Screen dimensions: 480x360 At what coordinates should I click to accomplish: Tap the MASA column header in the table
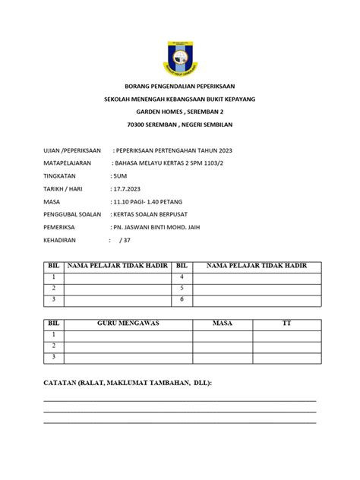point(223,324)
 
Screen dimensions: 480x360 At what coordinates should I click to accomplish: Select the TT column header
point(286,324)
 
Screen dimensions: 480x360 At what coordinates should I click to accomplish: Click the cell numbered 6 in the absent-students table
point(182,299)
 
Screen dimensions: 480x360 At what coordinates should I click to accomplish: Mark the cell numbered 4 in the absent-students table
point(182,277)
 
